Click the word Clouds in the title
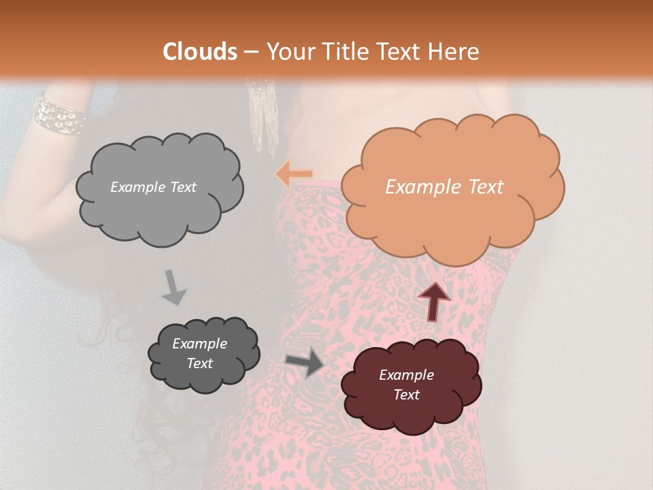pyautogui.click(x=200, y=52)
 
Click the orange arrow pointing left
pyautogui.click(x=294, y=175)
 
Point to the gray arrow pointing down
pyautogui.click(x=173, y=287)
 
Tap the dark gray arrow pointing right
pyautogui.click(x=305, y=362)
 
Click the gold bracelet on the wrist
pyautogui.click(x=60, y=115)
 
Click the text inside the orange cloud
pyautogui.click(x=444, y=187)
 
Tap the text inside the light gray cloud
pyautogui.click(x=153, y=187)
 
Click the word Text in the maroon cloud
pyautogui.click(x=406, y=395)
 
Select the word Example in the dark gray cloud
pyautogui.click(x=199, y=344)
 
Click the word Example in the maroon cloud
pyautogui.click(x=406, y=375)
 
